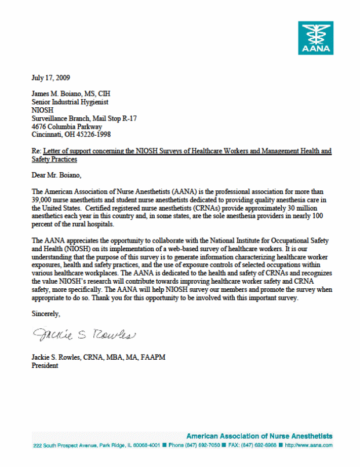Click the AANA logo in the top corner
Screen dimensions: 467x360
pos(316,38)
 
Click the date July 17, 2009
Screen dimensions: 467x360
pos(52,77)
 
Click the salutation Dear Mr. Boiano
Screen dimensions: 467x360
pos(57,174)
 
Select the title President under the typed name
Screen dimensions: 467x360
pos(45,366)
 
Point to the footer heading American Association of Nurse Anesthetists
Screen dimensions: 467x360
pos(259,436)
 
